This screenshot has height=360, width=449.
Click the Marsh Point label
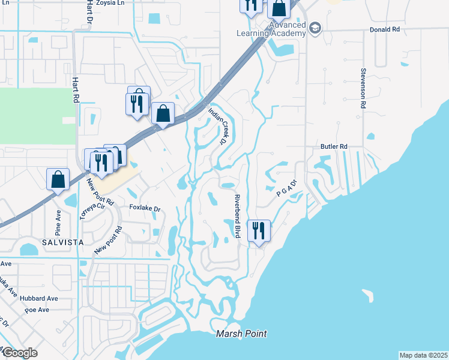click(x=241, y=334)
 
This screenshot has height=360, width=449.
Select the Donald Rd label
click(x=385, y=29)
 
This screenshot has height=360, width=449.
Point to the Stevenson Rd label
click(x=363, y=88)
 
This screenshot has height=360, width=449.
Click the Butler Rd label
click(x=334, y=146)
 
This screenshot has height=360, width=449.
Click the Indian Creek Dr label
click(x=217, y=125)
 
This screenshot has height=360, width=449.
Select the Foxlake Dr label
click(x=146, y=209)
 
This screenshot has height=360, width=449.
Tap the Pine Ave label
click(x=58, y=222)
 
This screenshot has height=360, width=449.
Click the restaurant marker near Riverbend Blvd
click(x=259, y=230)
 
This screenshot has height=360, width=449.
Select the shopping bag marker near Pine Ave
click(x=58, y=179)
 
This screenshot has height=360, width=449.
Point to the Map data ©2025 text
click(x=423, y=355)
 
